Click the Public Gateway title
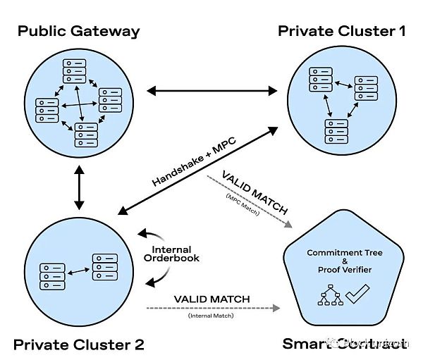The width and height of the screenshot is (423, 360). pyautogui.click(x=78, y=31)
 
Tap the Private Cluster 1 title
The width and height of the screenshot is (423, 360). pyautogui.click(x=341, y=31)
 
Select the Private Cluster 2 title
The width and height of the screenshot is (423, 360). pyautogui.click(x=78, y=345)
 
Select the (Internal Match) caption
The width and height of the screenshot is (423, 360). pyautogui.click(x=211, y=316)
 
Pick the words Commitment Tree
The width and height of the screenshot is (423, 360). pyautogui.click(x=344, y=252)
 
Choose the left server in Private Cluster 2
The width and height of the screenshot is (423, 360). pyautogui.click(x=52, y=276)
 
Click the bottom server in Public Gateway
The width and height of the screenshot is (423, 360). pyautogui.click(x=86, y=134)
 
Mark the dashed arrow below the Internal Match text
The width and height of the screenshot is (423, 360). pyautogui.click(x=211, y=308)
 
